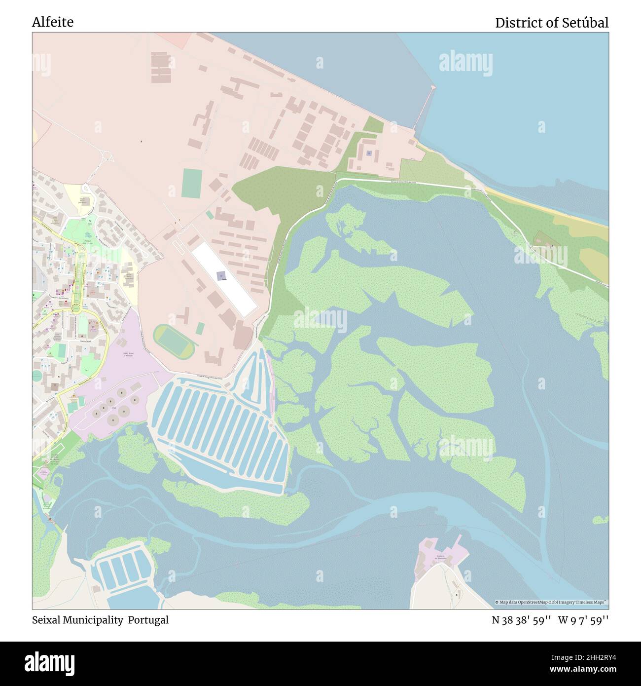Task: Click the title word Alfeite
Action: point(53,22)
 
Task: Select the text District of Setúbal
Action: point(551,23)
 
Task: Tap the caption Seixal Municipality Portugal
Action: point(100,620)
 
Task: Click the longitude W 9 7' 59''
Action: point(583,620)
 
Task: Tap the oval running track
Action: point(173,341)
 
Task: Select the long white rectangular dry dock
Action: point(224,280)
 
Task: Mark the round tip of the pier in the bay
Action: point(433,87)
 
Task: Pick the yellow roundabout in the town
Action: point(75,309)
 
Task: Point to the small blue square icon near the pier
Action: point(369,153)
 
